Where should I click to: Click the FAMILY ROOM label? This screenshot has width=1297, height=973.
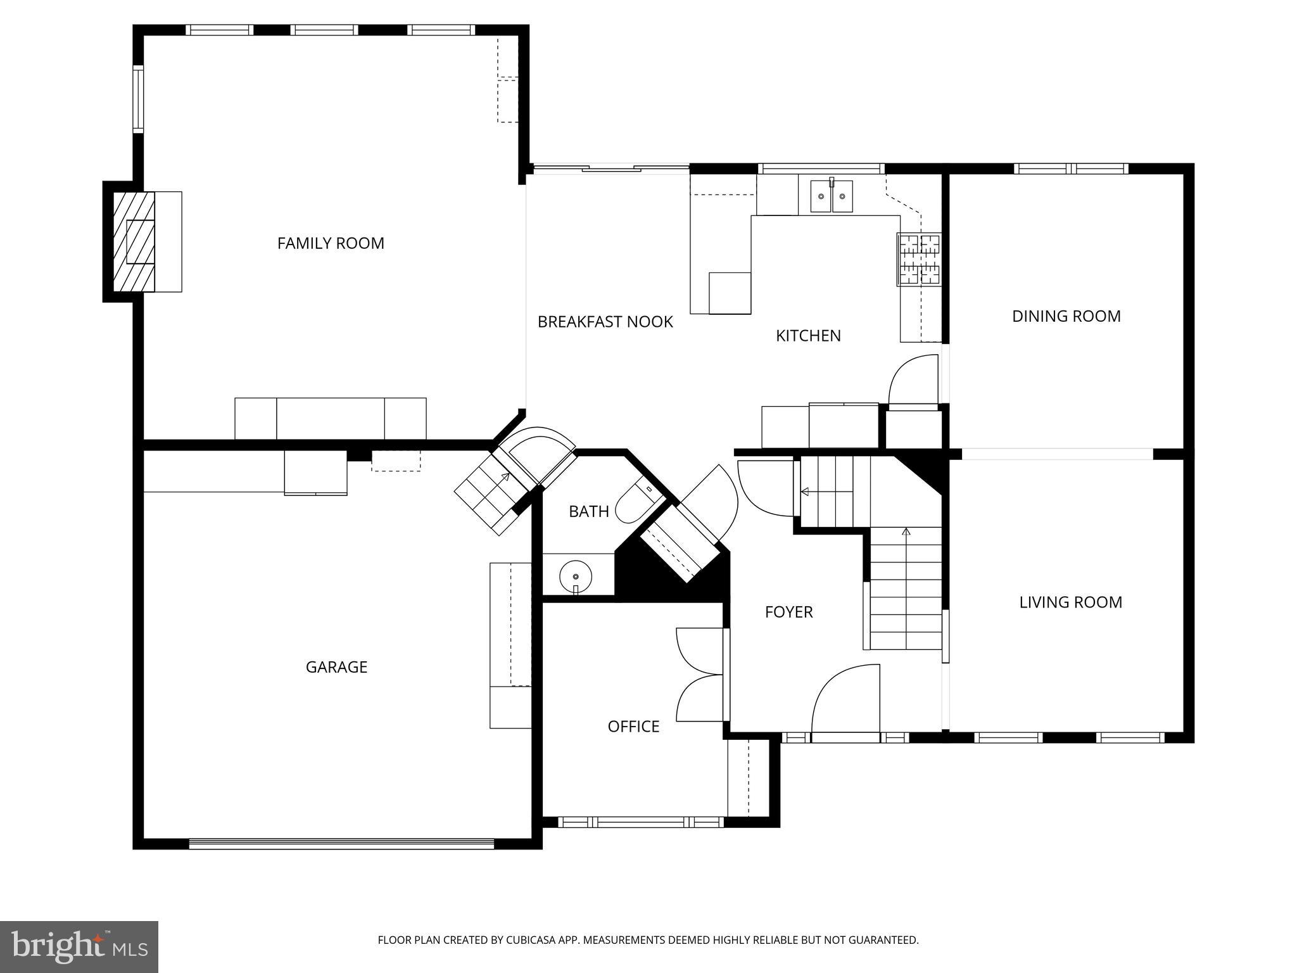coord(331,243)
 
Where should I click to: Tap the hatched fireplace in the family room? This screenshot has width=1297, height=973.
coord(134,242)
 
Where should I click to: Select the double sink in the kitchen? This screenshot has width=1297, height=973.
coord(832,196)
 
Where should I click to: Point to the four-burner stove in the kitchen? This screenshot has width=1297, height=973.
coord(920,259)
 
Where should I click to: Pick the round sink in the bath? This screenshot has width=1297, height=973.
coord(576,576)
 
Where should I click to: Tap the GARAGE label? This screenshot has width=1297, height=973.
coord(336,667)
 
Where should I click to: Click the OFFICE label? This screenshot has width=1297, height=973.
coord(633,727)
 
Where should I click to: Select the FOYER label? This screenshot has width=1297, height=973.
coord(788,612)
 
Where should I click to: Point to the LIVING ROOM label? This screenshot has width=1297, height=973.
coord(1070,602)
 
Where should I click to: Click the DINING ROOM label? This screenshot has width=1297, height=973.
coord(1066,316)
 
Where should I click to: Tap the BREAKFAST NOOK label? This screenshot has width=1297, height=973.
coord(605,322)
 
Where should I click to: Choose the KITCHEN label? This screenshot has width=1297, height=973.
coord(808,336)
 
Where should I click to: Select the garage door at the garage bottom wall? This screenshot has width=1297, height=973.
coord(341,843)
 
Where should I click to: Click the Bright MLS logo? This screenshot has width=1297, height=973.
coord(79,946)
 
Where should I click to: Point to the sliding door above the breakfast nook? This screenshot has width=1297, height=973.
coord(611,168)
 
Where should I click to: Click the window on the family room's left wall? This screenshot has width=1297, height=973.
coord(137,99)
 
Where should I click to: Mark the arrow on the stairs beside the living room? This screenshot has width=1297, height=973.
coord(906,532)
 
